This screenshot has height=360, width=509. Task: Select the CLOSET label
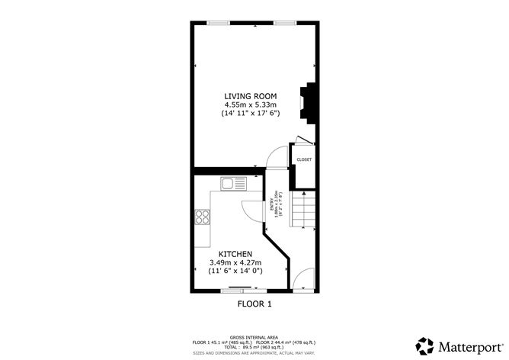(304, 159)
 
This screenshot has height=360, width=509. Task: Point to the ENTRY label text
(271, 204)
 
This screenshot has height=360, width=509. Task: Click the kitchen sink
(232, 183)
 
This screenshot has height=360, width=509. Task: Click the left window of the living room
(219, 24)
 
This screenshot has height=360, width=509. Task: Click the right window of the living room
(285, 24)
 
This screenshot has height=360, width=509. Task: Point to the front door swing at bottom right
(305, 279)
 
